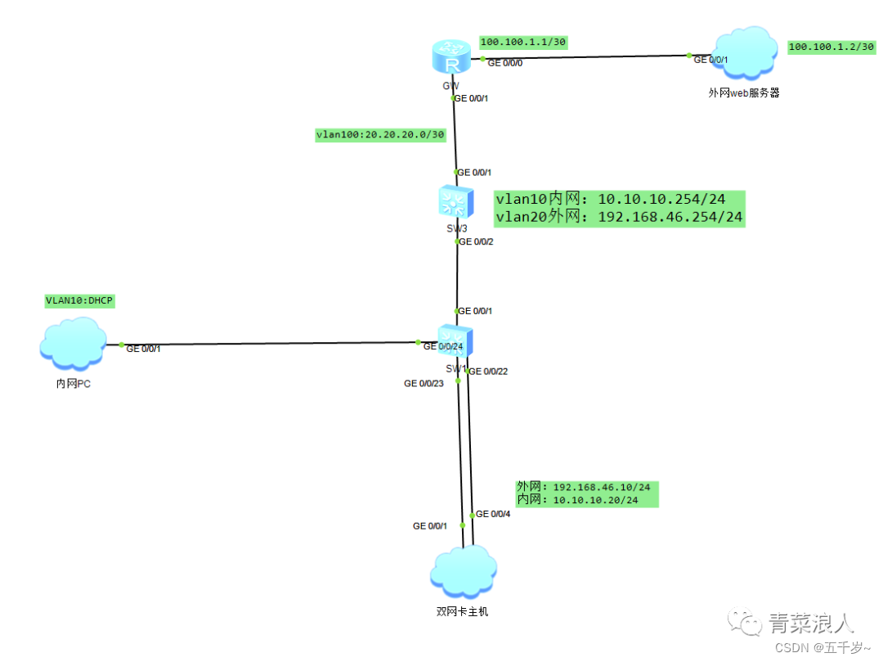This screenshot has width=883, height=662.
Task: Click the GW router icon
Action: (x=451, y=57)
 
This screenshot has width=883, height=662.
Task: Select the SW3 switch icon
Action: (x=455, y=200)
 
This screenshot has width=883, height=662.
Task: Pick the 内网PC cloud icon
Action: (x=73, y=345)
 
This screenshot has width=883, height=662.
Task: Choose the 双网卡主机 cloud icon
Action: (x=464, y=572)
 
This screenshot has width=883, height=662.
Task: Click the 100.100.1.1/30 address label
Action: (x=523, y=42)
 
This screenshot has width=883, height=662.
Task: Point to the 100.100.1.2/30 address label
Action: (x=831, y=47)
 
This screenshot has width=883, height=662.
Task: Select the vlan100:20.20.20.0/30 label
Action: (x=380, y=135)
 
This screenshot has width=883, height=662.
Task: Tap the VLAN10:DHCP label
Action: (x=79, y=300)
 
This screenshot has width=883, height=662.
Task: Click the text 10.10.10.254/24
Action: (x=661, y=200)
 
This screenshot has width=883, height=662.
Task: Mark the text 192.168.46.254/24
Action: (x=670, y=217)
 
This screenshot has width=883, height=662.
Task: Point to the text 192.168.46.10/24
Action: (x=602, y=487)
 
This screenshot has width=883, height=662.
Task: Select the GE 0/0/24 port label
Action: (x=442, y=347)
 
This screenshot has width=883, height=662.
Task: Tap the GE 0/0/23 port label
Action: (x=424, y=383)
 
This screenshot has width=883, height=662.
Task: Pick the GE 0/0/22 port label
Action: (x=488, y=372)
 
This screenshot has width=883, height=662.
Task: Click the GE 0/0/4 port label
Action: (x=493, y=514)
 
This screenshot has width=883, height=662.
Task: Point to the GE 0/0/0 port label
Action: (x=504, y=63)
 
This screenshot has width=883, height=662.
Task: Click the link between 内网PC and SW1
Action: (x=270, y=344)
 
